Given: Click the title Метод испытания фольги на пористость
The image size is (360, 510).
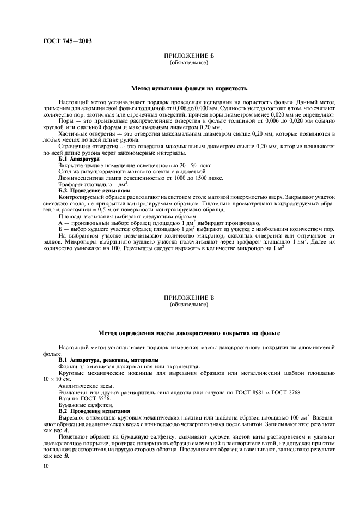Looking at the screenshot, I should click(189, 88).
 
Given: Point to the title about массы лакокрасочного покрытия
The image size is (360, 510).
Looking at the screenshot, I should click(189, 332).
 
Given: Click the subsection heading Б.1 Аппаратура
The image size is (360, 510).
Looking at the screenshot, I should click(79, 159).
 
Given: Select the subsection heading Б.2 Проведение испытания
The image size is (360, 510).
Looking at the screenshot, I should click(94, 191).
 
